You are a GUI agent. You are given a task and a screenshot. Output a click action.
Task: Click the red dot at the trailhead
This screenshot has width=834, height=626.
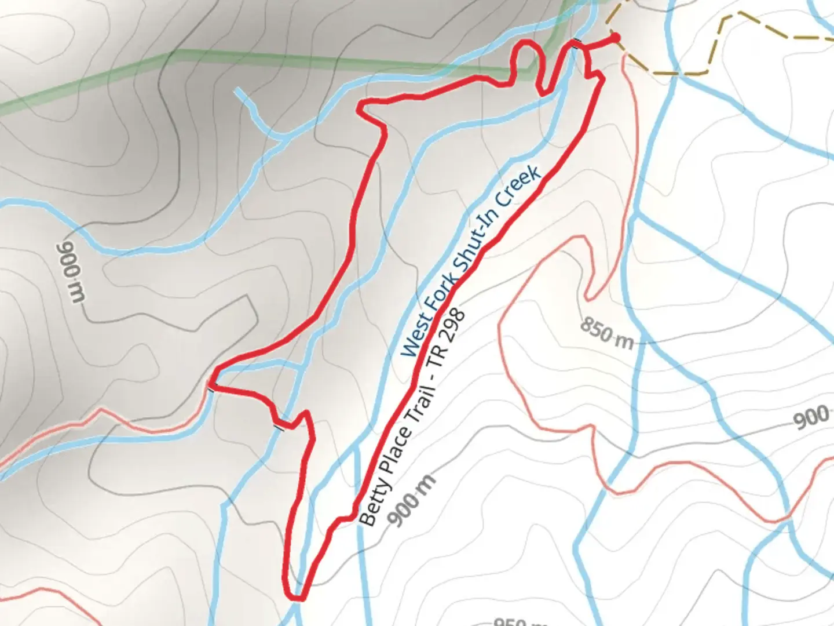(615, 38)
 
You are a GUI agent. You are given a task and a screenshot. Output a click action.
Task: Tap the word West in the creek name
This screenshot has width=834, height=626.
(417, 338)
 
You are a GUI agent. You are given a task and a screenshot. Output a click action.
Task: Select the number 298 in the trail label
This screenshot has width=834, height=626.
(453, 327)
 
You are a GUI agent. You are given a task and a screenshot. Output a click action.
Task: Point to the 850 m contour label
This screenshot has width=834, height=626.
(606, 333)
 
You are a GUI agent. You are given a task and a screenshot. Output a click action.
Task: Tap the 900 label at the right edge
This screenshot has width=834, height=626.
(811, 417)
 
